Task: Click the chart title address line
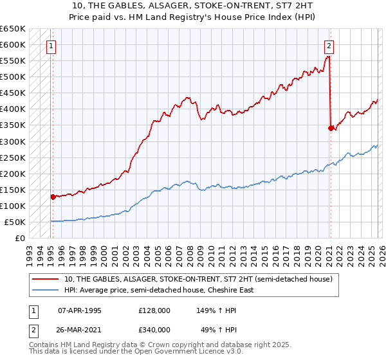pyautogui.click(x=193, y=6)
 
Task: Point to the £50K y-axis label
pyautogui.click(x=15, y=222)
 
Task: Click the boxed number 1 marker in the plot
pyautogui.click(x=51, y=46)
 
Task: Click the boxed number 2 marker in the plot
pyautogui.click(x=329, y=46)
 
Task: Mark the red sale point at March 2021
pyautogui.click(x=331, y=128)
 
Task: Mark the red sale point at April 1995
pyautogui.click(x=53, y=197)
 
